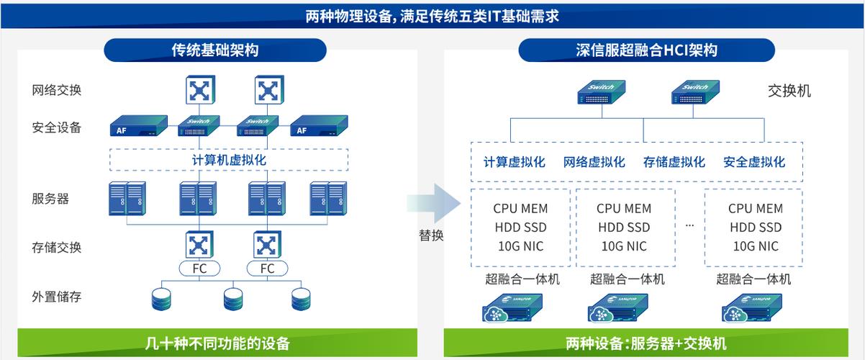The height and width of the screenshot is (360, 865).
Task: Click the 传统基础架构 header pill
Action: point(214,50)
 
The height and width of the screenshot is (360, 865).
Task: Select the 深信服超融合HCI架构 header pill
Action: point(646,50)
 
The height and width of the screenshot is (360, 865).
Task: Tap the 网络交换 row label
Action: point(56,91)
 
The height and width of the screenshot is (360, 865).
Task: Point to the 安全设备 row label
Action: point(56,128)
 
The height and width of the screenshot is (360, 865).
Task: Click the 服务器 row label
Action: point(50,199)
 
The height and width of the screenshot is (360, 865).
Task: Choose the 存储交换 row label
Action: point(56,248)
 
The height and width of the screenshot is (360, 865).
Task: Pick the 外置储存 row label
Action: point(56,297)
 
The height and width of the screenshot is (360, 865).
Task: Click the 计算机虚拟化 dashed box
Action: point(229,160)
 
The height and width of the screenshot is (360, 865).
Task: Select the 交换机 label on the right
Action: point(789,91)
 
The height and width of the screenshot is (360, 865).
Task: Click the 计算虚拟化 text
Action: point(514,163)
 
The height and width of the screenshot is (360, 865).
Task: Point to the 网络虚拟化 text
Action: point(594,163)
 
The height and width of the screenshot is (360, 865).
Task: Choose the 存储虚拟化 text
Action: point(674,163)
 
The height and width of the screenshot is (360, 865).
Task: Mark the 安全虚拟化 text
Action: point(753,163)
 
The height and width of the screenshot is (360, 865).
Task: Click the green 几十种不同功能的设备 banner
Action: point(217,343)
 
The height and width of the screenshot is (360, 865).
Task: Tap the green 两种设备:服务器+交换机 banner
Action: point(646,343)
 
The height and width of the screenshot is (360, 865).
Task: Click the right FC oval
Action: point(268,269)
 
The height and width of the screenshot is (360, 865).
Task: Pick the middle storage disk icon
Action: point(233,298)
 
